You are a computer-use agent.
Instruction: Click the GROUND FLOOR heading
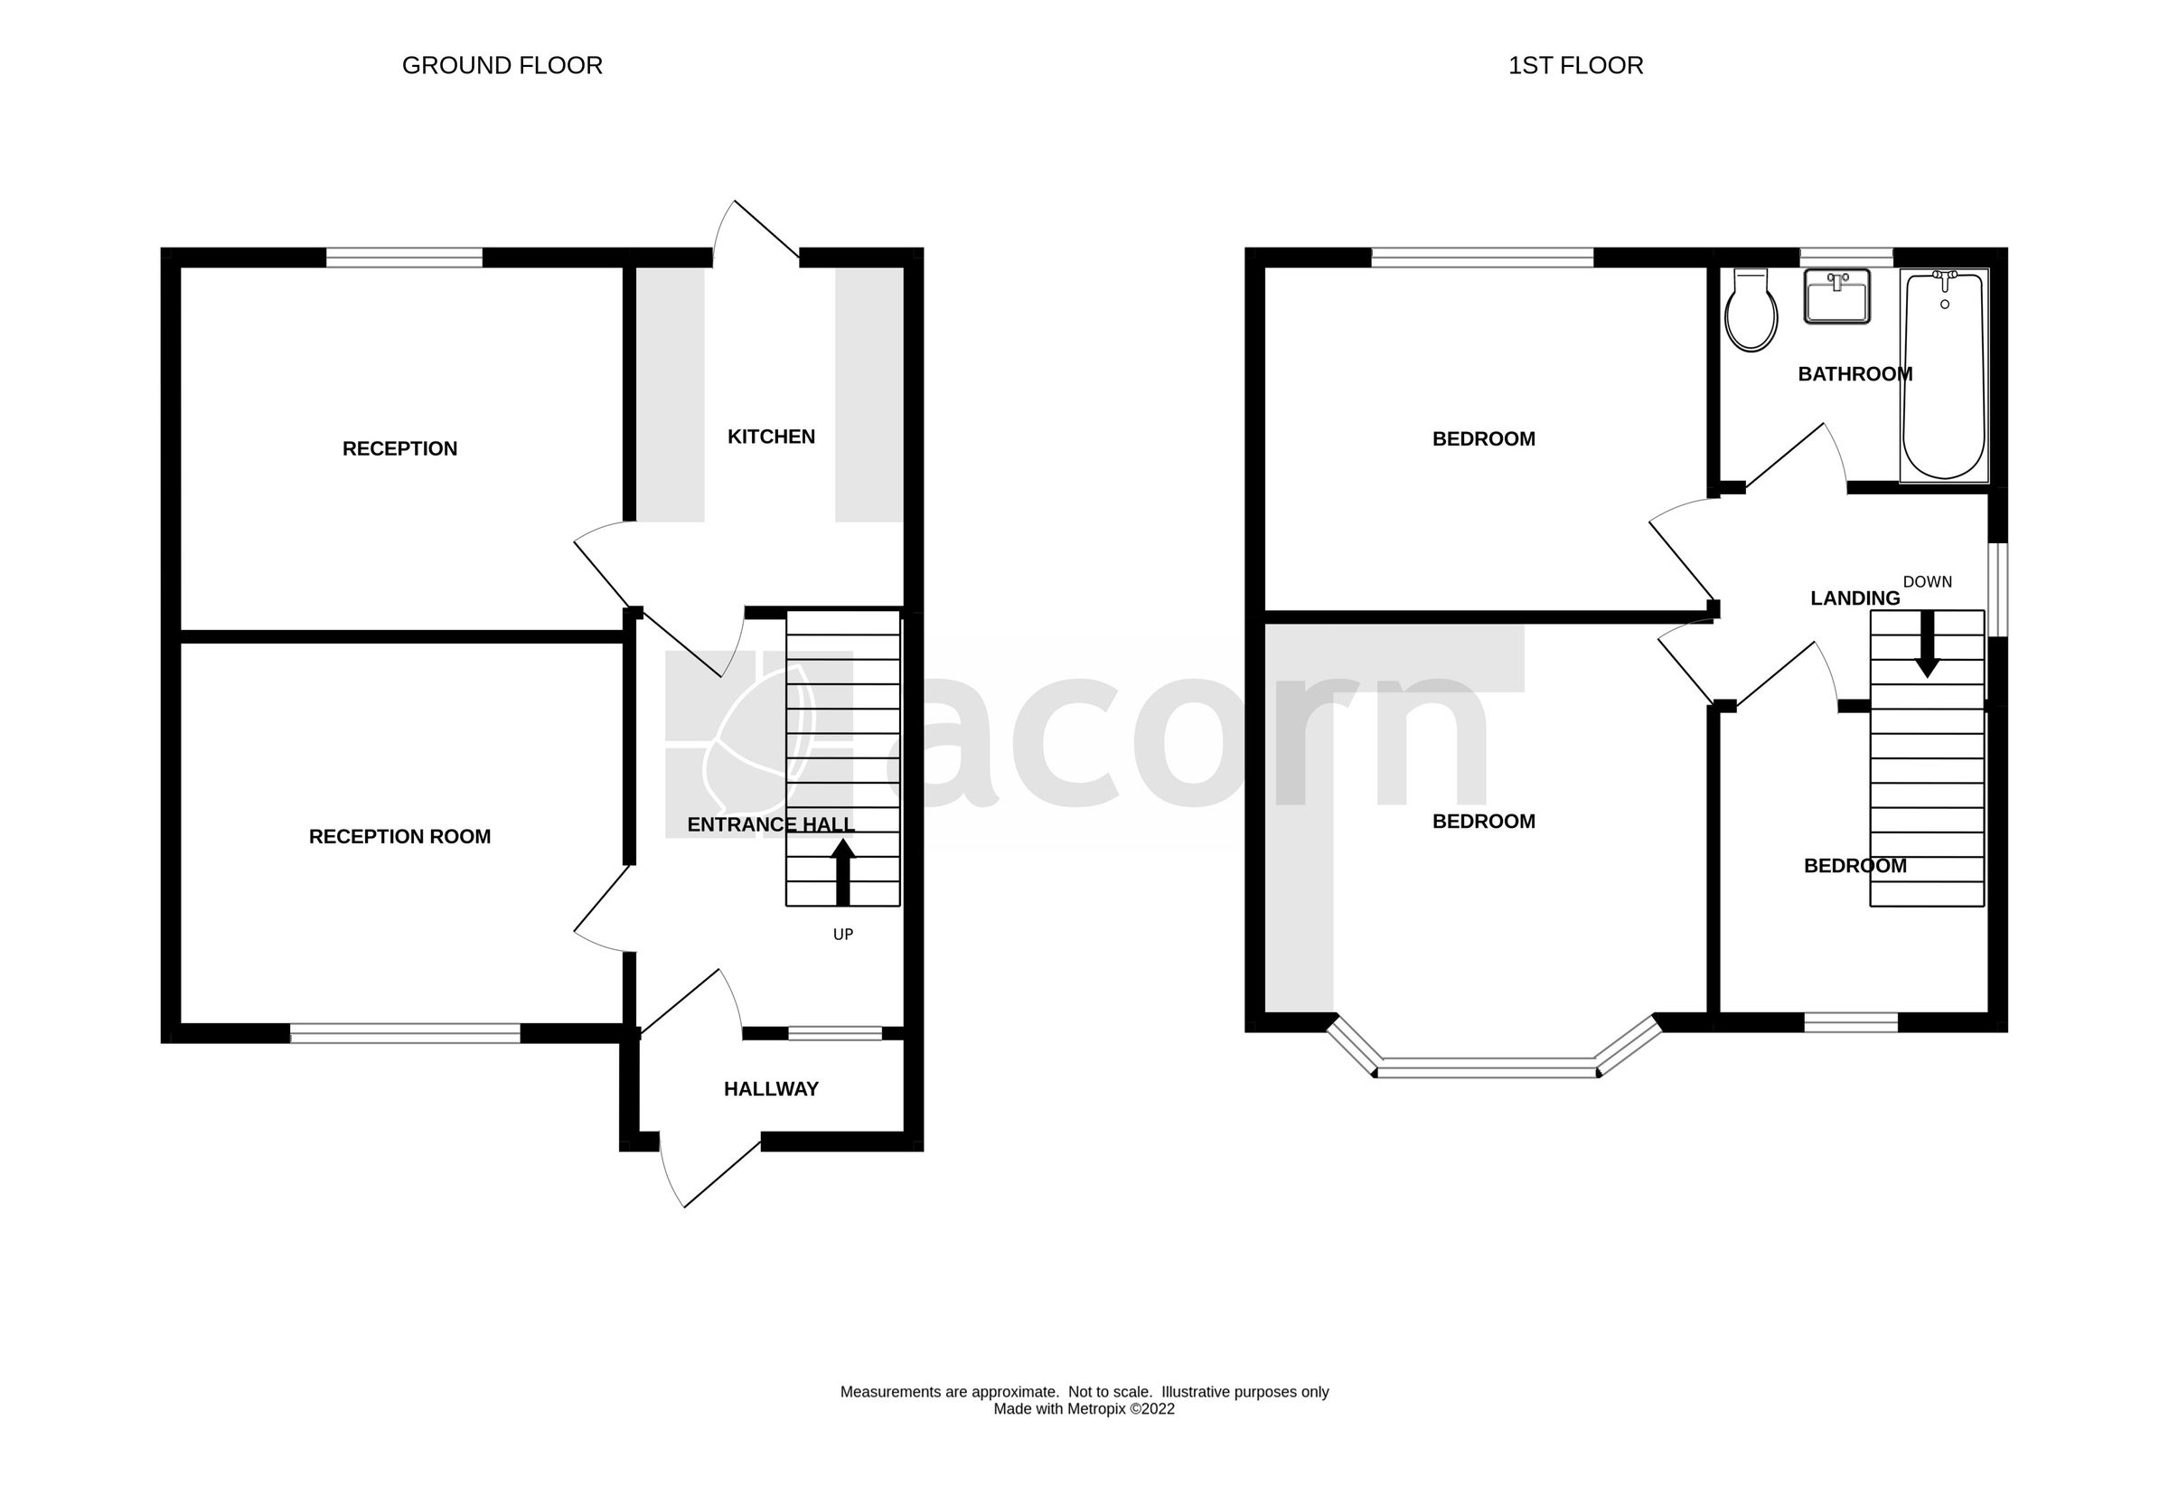point(502,65)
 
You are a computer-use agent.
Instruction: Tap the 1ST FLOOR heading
point(1575,65)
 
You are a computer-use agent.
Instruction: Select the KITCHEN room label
point(771,437)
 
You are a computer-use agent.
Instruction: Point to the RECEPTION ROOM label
point(399,836)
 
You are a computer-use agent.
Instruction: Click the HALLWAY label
point(771,1088)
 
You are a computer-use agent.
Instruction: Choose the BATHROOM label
point(1854,374)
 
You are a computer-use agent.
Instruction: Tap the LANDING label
point(1854,598)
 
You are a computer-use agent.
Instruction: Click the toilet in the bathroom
point(1751,311)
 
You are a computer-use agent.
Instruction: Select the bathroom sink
point(1836,296)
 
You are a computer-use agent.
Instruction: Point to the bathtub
point(1944,375)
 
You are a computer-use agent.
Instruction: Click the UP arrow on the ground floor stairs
point(843,870)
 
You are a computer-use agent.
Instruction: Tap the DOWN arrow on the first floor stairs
point(1926,645)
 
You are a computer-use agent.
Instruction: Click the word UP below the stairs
point(843,935)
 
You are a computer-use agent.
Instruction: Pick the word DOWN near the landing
point(1926,581)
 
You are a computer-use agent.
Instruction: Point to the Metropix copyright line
point(1084,1409)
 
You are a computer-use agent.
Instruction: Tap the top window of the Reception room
point(404,258)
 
